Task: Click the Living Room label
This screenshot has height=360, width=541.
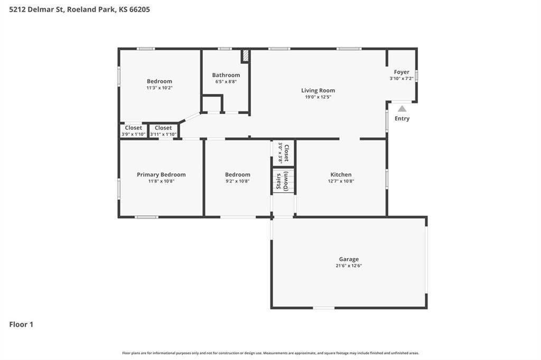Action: tap(318, 90)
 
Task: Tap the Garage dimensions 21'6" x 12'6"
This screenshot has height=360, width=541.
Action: tap(349, 266)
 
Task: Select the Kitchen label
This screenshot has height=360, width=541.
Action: tap(341, 175)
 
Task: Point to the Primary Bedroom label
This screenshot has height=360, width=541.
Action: tap(161, 175)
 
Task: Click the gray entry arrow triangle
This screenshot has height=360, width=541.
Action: tap(402, 109)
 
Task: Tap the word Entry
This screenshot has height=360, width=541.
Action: tap(402, 118)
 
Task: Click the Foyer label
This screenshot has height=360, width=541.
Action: tap(402, 72)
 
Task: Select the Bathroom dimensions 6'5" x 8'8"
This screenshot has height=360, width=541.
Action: tap(226, 82)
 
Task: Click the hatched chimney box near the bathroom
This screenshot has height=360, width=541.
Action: tap(245, 56)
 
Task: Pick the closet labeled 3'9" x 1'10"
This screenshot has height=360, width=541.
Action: tap(134, 131)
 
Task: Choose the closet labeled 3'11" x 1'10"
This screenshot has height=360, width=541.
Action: tap(163, 131)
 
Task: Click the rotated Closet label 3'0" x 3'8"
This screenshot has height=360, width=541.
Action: tap(283, 153)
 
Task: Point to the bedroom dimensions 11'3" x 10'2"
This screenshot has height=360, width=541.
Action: tap(160, 88)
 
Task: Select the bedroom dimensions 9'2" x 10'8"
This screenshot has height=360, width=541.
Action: tap(237, 181)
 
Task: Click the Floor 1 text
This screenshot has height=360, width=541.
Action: tap(21, 325)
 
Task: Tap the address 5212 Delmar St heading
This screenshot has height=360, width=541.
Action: tap(80, 10)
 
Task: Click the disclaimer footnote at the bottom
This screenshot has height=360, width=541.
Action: tap(270, 353)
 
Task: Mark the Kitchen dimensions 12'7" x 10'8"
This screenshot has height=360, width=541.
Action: tap(341, 181)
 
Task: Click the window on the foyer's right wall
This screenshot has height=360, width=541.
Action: tap(416, 76)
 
